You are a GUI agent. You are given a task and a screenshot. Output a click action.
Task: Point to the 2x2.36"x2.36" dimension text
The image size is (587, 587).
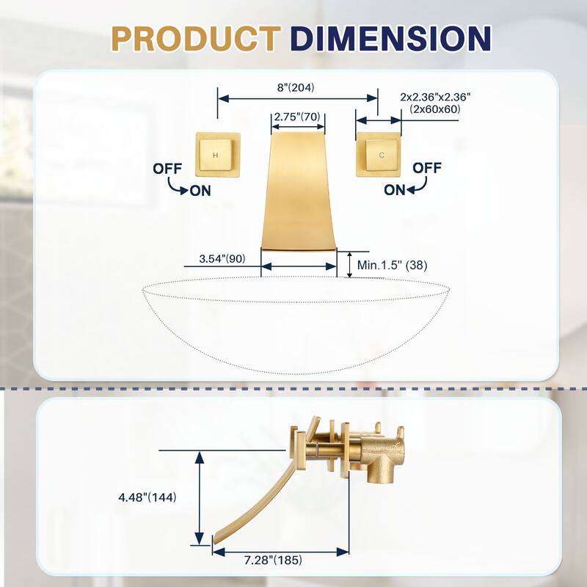click(x=435, y=96)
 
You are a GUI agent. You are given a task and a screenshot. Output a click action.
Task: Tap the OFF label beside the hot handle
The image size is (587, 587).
click(x=167, y=168)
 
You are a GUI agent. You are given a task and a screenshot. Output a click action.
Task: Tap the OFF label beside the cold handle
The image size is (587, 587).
click(x=427, y=168)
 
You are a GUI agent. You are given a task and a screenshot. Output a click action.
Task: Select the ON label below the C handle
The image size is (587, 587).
click(x=395, y=189)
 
